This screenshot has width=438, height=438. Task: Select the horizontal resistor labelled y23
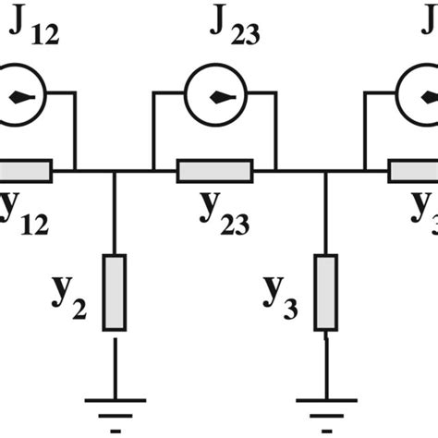[x=213, y=172]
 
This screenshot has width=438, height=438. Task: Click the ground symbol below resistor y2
[x=114, y=400]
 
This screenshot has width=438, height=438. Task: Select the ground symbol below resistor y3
[x=325, y=400]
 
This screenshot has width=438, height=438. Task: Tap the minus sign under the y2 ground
[x=114, y=431]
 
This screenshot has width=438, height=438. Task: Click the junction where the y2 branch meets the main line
[x=114, y=172]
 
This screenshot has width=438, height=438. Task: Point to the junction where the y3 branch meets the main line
[x=325, y=172]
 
